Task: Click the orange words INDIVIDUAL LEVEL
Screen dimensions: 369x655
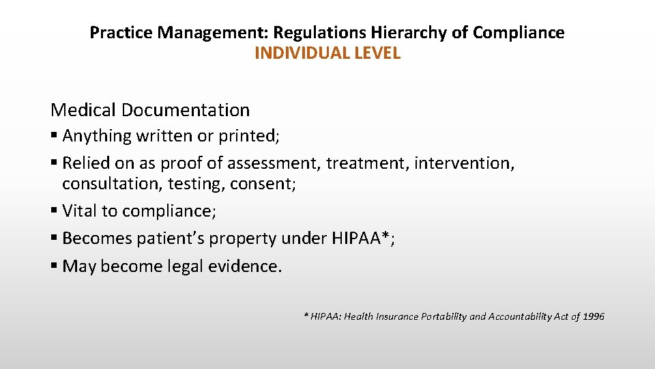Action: pos(327,53)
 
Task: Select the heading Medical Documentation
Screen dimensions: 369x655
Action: pos(150,109)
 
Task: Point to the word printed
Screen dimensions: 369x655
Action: pos(248,135)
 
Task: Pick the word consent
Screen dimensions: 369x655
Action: pos(263,184)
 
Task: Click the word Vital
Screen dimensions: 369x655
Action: pos(80,210)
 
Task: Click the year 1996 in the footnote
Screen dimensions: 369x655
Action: pos(592,316)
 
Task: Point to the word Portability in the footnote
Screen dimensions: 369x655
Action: pos(443,316)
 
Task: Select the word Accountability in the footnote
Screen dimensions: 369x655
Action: pos(522,316)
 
